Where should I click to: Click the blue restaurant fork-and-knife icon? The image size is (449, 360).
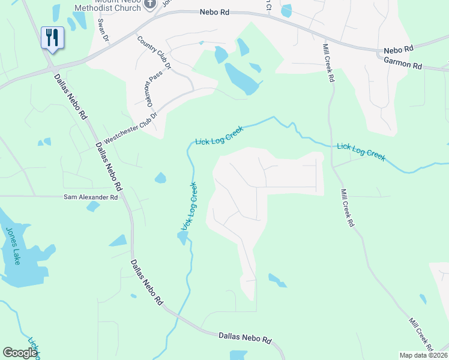point(52,38)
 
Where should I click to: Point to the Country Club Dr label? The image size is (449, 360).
point(154,53)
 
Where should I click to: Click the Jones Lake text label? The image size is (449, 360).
point(13,245)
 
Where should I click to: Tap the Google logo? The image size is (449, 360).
point(20,352)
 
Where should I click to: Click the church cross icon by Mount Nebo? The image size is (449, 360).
point(150,3)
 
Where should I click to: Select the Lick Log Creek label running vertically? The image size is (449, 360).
point(190,206)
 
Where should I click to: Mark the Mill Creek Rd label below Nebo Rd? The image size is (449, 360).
point(328,62)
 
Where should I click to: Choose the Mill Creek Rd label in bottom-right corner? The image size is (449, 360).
point(422,334)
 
